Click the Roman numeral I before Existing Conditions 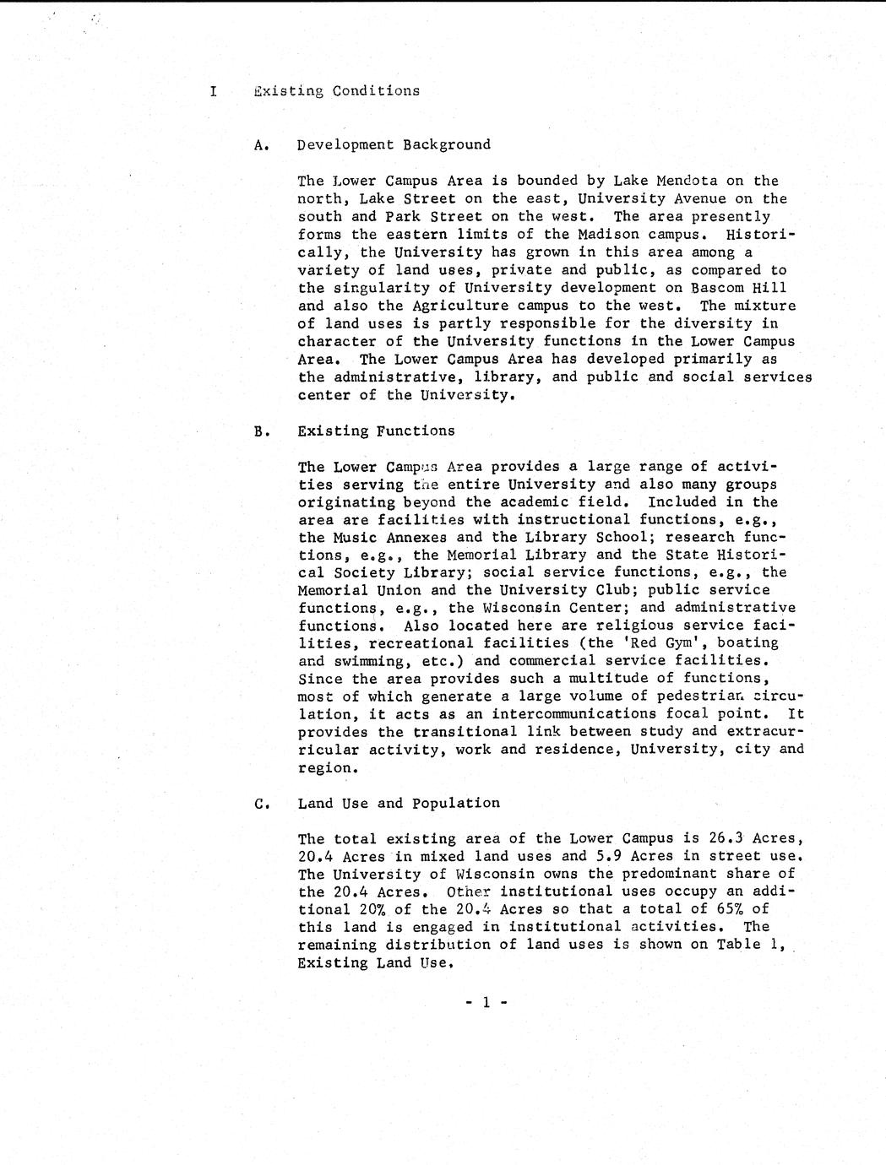coord(213,91)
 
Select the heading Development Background coord(394,144)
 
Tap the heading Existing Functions coord(376,431)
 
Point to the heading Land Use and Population coord(399,803)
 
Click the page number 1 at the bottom coord(486,1002)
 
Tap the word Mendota coord(688,181)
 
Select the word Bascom coord(717,288)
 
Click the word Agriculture coord(455,306)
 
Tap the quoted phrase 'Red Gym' coord(667,643)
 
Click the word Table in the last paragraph coord(739,945)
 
